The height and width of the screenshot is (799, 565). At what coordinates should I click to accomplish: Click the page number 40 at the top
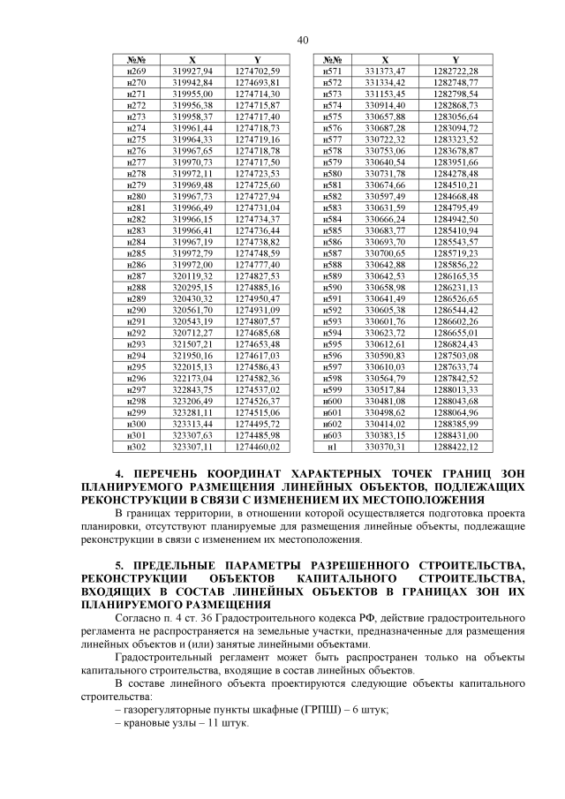click(303, 40)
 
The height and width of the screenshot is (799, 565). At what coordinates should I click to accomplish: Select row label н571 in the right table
click(333, 71)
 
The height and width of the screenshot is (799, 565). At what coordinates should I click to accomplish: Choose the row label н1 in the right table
click(333, 448)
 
